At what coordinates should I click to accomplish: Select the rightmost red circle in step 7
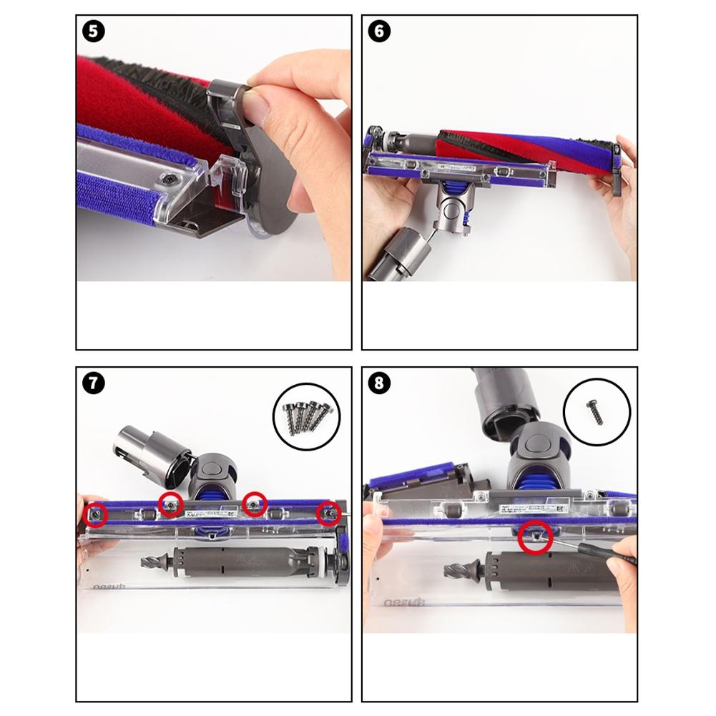coord(330,512)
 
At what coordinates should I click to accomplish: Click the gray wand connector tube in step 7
coord(147,451)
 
